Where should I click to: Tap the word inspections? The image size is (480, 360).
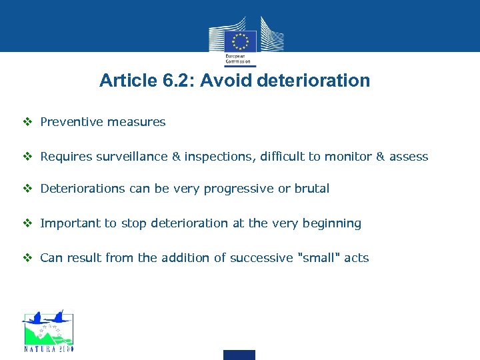(x=215, y=157)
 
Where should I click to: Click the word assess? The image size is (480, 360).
(x=409, y=157)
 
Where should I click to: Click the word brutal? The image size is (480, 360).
(x=312, y=189)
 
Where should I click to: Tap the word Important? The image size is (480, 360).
(x=70, y=223)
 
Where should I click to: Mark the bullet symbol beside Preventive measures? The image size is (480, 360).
(x=27, y=122)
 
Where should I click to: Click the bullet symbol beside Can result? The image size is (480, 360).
(x=27, y=258)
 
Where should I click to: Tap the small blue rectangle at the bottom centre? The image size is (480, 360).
(x=239, y=355)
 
